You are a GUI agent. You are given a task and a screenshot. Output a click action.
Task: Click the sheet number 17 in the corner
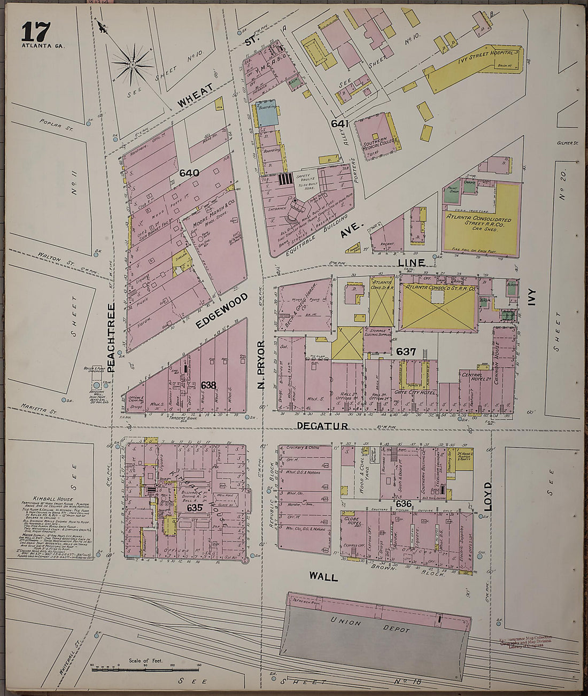click(36, 32)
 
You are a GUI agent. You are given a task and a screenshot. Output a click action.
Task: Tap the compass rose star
click(131, 65)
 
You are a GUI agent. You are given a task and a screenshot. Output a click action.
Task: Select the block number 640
click(189, 173)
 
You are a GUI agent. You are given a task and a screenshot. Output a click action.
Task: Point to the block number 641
click(339, 124)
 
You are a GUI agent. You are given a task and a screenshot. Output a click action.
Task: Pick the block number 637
click(406, 351)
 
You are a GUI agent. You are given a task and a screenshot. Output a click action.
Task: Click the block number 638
click(208, 384)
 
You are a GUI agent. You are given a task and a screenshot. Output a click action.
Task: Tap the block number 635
click(195, 507)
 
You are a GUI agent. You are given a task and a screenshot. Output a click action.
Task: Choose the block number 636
click(404, 504)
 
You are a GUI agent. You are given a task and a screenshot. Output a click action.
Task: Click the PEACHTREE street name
click(111, 338)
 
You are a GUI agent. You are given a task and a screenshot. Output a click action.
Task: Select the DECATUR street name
click(322, 426)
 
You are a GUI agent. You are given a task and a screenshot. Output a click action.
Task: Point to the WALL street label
click(323, 577)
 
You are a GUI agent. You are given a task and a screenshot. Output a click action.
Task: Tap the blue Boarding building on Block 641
click(267, 114)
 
